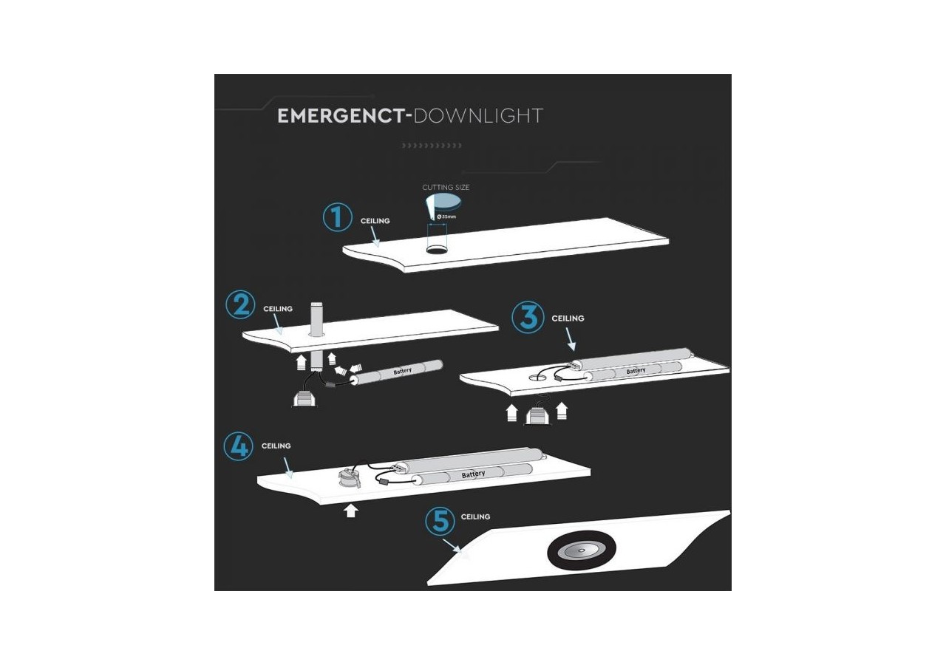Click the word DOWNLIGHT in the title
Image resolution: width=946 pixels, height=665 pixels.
(478, 116)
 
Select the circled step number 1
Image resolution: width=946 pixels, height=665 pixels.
(337, 218)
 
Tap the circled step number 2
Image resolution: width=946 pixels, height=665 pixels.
(240, 305)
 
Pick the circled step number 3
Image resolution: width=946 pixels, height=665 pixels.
(528, 317)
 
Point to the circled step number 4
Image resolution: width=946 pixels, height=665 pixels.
(238, 446)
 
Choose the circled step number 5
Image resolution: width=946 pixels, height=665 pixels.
(440, 522)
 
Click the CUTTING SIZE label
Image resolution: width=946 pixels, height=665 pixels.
(446, 188)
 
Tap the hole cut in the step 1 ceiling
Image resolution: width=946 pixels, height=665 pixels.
(437, 250)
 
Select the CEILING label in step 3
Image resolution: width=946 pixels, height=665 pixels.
(568, 318)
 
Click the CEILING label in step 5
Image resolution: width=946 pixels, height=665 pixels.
(475, 517)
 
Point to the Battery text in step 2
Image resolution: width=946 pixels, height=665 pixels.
(402, 372)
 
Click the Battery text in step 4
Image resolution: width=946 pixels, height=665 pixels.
(473, 474)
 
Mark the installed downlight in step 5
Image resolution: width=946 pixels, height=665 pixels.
(580, 550)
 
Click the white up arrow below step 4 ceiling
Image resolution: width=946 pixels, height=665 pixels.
(351, 511)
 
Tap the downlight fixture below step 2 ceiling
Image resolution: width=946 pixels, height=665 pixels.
(304, 398)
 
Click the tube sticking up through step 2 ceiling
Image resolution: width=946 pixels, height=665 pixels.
(317, 319)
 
